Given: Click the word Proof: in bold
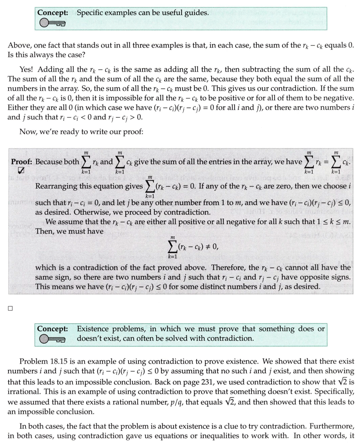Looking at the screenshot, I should pos(22,162).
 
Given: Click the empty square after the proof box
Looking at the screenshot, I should pos(10,309).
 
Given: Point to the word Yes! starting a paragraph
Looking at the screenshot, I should pos(27,69).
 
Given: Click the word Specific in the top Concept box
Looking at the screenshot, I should pos(90,13).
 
